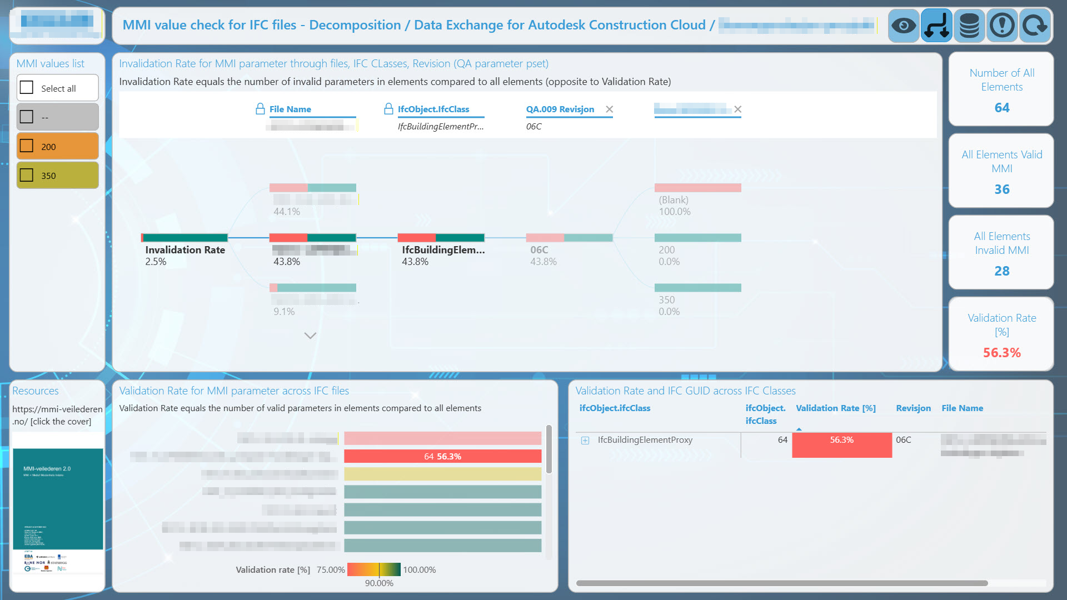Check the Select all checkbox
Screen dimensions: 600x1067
pos(27,88)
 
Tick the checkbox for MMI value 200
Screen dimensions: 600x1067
pos(27,146)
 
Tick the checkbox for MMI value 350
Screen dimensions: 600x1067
pos(27,176)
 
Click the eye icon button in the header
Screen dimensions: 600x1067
pos(904,26)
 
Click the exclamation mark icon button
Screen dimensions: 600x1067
pos(1002,26)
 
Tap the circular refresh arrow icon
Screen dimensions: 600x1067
pos(1034,26)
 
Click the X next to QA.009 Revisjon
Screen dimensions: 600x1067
pos(609,109)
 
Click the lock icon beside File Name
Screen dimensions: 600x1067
pos(260,109)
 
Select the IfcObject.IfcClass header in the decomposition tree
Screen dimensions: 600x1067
pos(433,109)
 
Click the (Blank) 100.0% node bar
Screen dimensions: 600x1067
pos(697,188)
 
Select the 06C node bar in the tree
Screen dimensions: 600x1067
pos(569,238)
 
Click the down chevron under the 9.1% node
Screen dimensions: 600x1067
pos(310,336)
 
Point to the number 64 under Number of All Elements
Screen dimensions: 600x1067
pos(1001,108)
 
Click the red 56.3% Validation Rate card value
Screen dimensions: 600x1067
pos(1001,353)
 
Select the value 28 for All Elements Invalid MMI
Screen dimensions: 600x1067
pos(1001,271)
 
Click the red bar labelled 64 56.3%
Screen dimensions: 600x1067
pos(442,456)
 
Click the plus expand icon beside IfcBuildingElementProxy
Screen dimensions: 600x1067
pos(585,441)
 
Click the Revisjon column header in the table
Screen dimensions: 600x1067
pos(913,408)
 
